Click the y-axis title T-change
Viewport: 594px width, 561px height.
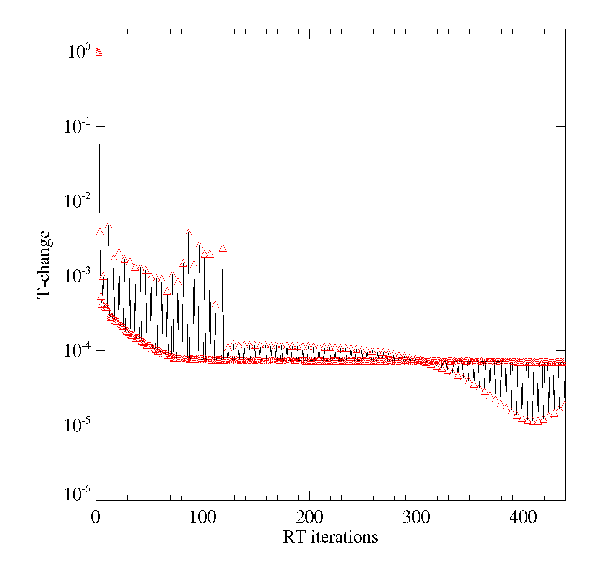[44, 265]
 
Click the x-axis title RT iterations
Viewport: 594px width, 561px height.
[330, 537]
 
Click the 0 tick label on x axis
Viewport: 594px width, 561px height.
[96, 517]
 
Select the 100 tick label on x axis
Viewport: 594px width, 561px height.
[202, 517]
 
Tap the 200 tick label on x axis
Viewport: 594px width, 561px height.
[309, 517]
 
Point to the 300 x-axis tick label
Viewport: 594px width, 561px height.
[416, 517]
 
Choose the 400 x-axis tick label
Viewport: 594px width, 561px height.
[523, 517]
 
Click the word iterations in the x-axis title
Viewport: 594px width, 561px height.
[345, 537]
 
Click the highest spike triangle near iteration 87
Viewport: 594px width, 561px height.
[189, 233]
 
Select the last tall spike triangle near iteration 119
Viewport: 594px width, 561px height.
[223, 248]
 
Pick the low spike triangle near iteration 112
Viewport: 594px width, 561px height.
[215, 305]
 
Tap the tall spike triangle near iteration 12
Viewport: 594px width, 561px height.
[108, 226]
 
